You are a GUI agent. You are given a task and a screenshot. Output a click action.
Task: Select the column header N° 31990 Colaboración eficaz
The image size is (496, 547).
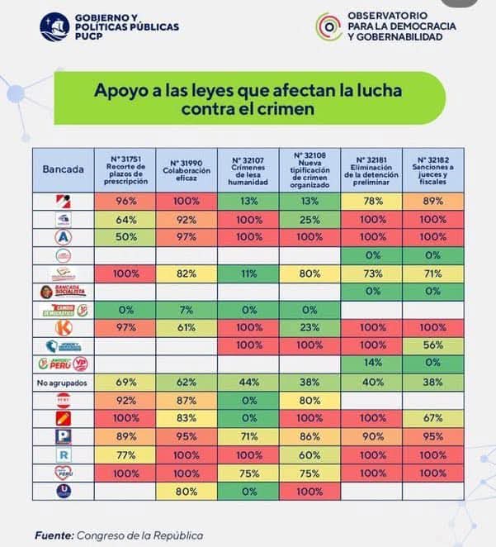(x=187, y=169)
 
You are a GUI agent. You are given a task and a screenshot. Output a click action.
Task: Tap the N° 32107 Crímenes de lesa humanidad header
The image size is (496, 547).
(x=248, y=169)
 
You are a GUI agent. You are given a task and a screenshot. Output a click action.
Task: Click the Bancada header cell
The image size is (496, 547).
(x=63, y=169)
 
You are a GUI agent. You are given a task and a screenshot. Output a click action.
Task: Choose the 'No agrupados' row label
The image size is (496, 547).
(x=63, y=383)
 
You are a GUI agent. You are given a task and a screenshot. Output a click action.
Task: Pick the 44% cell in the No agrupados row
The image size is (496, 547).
(x=248, y=383)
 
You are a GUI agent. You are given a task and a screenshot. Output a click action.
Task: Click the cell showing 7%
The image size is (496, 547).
(x=187, y=310)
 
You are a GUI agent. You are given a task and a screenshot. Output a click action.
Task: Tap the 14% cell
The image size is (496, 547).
(x=371, y=364)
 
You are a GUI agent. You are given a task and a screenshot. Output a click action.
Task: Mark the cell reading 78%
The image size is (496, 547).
(x=371, y=201)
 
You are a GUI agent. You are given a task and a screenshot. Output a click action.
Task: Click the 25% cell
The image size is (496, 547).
(x=309, y=219)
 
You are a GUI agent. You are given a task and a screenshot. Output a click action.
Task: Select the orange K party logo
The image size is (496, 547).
(x=63, y=328)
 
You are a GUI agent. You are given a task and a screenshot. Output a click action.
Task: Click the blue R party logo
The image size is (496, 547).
(x=63, y=454)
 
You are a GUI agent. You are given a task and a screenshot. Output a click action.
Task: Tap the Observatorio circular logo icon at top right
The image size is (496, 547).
(x=328, y=26)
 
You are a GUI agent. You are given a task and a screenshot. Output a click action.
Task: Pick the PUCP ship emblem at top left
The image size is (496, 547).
(x=54, y=26)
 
